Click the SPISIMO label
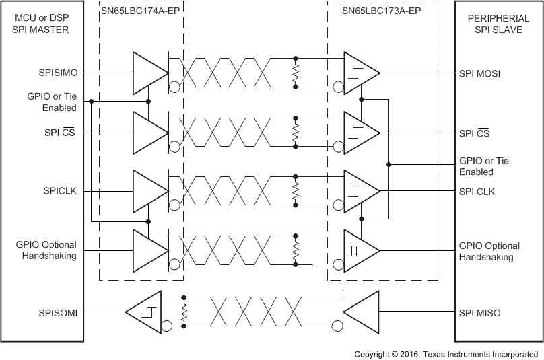[57, 73]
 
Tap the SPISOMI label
[58, 312]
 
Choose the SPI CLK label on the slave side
[477, 191]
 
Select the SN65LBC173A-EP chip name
[382, 11]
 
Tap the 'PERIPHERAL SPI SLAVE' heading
[498, 24]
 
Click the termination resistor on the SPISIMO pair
[295, 73]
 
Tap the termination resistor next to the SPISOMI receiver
[183, 312]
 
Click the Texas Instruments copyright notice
[446, 353]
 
